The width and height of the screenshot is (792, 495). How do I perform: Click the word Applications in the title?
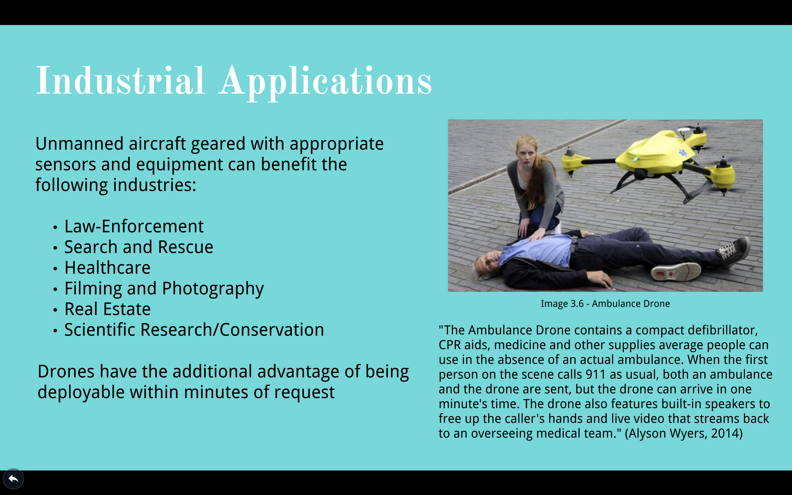tap(325, 83)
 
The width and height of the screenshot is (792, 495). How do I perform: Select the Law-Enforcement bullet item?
tap(134, 226)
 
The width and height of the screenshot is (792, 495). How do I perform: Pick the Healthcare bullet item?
tap(107, 268)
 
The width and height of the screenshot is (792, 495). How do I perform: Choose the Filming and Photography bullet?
tap(164, 289)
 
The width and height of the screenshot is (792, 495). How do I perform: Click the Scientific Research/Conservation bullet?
tap(194, 330)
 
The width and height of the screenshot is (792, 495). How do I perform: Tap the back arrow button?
tap(13, 479)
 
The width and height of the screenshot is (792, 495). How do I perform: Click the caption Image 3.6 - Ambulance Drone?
tap(605, 304)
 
